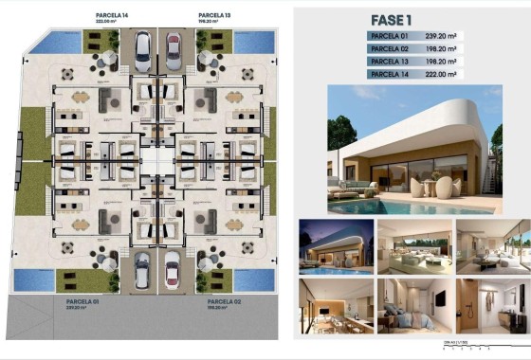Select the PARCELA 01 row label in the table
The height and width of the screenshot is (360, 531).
(x=389, y=36)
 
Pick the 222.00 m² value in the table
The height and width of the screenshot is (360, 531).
(x=442, y=73)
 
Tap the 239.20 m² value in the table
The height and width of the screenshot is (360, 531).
(x=442, y=36)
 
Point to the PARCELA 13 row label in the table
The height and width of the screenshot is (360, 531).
(x=389, y=61)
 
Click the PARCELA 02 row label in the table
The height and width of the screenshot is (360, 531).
(x=389, y=48)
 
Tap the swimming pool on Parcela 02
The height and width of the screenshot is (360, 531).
(x=253, y=279)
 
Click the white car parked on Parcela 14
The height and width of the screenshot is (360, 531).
(x=142, y=47)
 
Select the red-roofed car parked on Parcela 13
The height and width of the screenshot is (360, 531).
(x=174, y=47)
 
